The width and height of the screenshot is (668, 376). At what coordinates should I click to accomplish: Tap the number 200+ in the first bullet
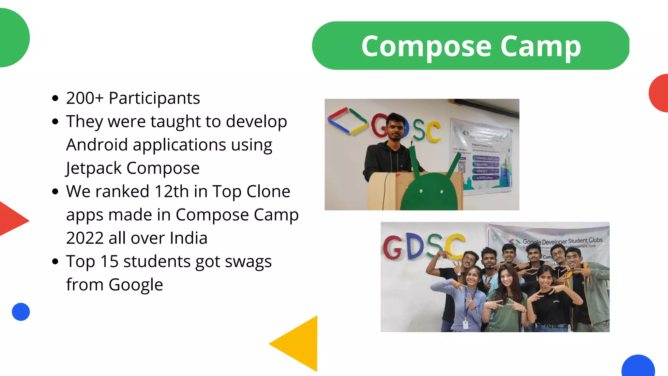click(x=85, y=98)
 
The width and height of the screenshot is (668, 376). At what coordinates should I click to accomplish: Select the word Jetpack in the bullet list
click(x=94, y=168)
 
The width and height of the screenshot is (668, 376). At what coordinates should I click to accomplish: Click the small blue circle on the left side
click(x=21, y=312)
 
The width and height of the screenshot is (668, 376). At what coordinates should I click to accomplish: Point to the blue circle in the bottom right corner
click(x=638, y=367)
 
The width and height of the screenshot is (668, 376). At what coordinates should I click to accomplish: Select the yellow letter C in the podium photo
click(x=434, y=131)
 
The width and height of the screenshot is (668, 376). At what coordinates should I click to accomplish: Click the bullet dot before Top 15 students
click(x=55, y=261)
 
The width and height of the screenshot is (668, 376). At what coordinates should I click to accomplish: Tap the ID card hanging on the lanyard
click(x=465, y=324)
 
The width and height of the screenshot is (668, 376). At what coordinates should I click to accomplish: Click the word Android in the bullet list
click(x=97, y=145)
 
